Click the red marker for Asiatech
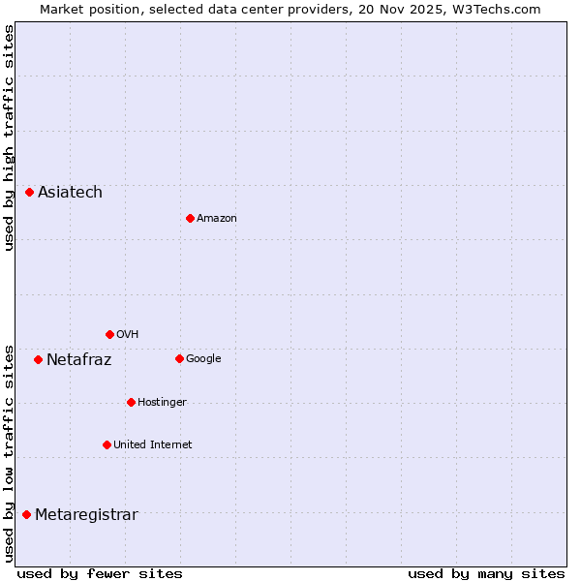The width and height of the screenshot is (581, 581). click(x=29, y=193)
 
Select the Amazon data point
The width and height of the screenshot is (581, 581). click(x=190, y=218)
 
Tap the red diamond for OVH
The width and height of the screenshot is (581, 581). click(x=109, y=334)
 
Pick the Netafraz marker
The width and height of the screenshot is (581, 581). click(x=38, y=359)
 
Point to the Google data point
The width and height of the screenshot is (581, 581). click(x=179, y=358)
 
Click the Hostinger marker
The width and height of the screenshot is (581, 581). click(x=131, y=402)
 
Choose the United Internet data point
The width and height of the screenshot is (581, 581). click(x=107, y=444)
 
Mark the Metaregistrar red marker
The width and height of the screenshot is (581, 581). click(x=26, y=514)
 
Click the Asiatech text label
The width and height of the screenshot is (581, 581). click(x=70, y=193)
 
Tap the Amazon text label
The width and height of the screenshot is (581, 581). click(x=217, y=219)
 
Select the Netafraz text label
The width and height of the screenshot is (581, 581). click(x=78, y=360)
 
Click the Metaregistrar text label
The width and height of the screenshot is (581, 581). click(x=86, y=515)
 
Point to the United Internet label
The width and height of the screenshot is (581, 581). click(x=153, y=445)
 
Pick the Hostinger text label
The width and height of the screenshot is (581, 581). click(x=162, y=403)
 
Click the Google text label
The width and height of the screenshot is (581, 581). click(x=203, y=359)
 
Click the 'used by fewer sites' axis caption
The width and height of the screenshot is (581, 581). click(x=100, y=574)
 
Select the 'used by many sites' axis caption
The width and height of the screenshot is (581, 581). click(x=486, y=574)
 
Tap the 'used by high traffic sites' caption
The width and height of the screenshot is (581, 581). click(x=9, y=138)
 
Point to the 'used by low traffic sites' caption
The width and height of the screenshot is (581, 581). click(x=9, y=453)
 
